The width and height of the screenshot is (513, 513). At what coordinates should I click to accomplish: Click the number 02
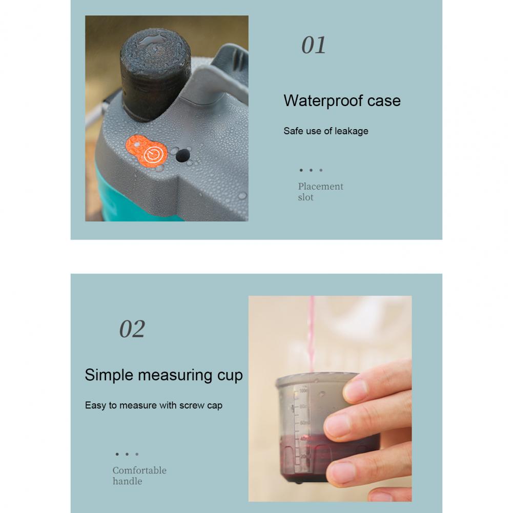(132, 329)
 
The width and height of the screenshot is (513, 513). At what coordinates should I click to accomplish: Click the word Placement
(321, 186)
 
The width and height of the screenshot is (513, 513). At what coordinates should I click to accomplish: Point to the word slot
(305, 197)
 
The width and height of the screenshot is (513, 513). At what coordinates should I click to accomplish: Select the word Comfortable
(139, 470)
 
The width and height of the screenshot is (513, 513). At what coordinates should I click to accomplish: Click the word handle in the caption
(127, 481)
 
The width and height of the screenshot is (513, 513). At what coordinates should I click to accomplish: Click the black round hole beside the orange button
(182, 155)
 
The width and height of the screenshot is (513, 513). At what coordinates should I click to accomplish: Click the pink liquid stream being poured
(311, 334)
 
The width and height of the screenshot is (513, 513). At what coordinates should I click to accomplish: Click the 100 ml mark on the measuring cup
(303, 391)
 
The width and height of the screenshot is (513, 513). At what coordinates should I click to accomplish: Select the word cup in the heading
(230, 376)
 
